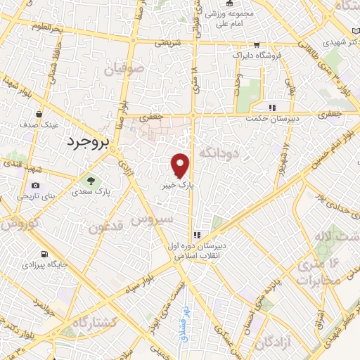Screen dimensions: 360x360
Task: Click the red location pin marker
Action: tap(181, 164)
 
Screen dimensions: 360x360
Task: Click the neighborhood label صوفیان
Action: tap(123, 70)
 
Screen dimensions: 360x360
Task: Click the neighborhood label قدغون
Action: tap(107, 226)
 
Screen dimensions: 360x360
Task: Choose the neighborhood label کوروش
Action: tap(20, 224)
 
